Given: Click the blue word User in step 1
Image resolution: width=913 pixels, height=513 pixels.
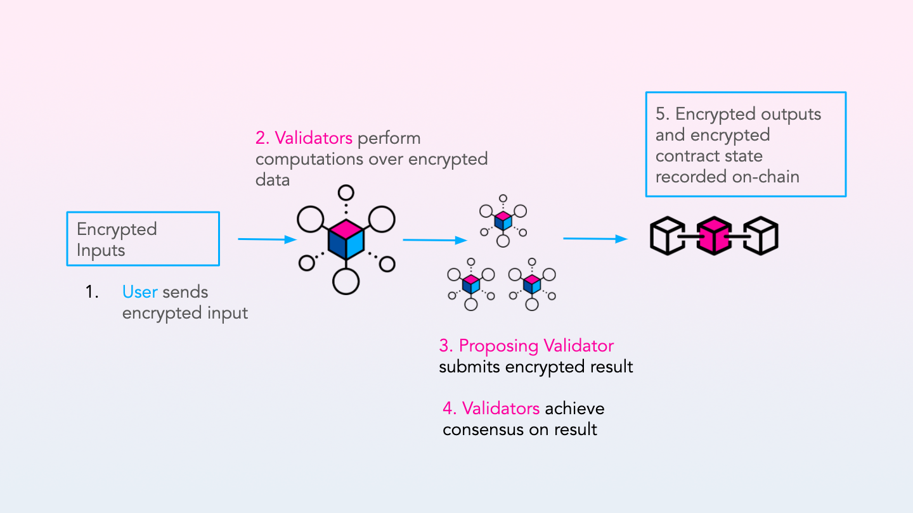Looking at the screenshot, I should [x=139, y=292].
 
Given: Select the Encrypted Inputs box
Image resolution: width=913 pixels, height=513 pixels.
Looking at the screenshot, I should [x=143, y=239].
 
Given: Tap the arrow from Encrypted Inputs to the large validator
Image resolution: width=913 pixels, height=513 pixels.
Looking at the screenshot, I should [x=267, y=239].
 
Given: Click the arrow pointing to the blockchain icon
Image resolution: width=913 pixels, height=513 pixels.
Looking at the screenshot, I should [x=595, y=239].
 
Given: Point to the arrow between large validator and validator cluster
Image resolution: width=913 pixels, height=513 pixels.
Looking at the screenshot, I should [x=435, y=240].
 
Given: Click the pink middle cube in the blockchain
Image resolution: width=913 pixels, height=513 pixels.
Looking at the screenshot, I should [x=714, y=236].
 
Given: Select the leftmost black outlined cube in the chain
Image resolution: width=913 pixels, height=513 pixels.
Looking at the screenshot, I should [x=668, y=236].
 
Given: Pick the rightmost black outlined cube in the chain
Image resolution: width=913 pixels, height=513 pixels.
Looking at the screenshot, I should [x=760, y=236].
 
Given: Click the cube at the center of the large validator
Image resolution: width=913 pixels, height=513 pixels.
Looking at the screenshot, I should [x=346, y=239].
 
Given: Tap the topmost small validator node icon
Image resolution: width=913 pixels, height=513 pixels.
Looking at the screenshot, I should [x=503, y=219].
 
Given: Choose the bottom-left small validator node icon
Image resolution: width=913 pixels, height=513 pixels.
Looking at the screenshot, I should [x=470, y=283].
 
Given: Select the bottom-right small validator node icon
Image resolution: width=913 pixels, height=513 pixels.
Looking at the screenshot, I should [x=532, y=283].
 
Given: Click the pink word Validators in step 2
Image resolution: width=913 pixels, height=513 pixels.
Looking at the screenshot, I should [x=313, y=138].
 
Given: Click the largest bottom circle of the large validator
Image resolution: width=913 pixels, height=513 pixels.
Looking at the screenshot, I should [x=346, y=281].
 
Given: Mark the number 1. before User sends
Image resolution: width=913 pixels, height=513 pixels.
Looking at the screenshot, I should [x=93, y=292].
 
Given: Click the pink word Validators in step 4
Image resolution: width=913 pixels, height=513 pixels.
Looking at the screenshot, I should [x=501, y=408].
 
